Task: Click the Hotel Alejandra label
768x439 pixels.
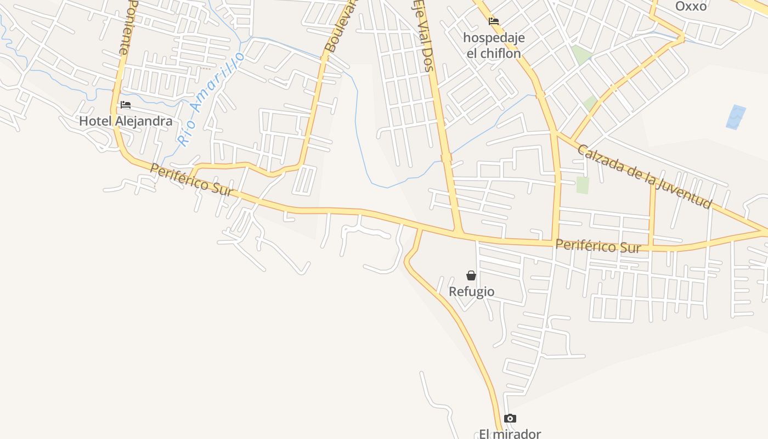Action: click(x=126, y=121)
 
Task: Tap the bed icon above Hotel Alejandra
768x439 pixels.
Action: click(x=126, y=105)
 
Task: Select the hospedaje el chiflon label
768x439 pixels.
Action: click(x=494, y=46)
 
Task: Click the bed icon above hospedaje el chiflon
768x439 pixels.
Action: click(x=494, y=21)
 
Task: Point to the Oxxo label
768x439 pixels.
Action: click(x=691, y=6)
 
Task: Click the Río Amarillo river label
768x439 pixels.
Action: click(x=211, y=99)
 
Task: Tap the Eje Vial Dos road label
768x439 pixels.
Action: click(x=421, y=36)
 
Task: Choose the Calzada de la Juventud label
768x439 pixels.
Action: click(x=644, y=177)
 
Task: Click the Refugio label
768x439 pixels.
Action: click(x=471, y=292)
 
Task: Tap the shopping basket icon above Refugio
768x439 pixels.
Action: click(x=471, y=275)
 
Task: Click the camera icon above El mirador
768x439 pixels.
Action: click(x=510, y=419)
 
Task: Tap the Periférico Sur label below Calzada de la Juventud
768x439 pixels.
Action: click(x=598, y=246)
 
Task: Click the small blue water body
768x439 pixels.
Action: click(x=736, y=117)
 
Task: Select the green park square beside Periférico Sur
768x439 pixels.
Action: click(x=582, y=185)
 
